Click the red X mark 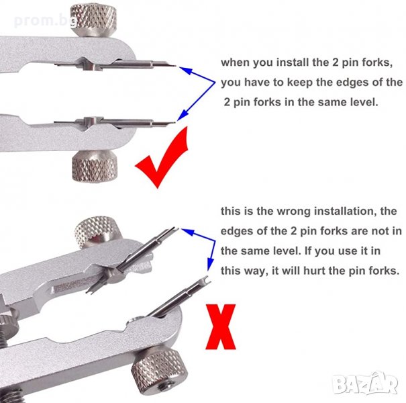coord(221,326)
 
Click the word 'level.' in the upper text coord(364,102)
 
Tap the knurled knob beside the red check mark coord(94,166)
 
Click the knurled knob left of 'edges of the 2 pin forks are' coord(97,232)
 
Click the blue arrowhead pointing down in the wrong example coord(210,264)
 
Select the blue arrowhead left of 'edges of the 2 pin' coord(187,232)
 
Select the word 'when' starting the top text coord(236,62)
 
